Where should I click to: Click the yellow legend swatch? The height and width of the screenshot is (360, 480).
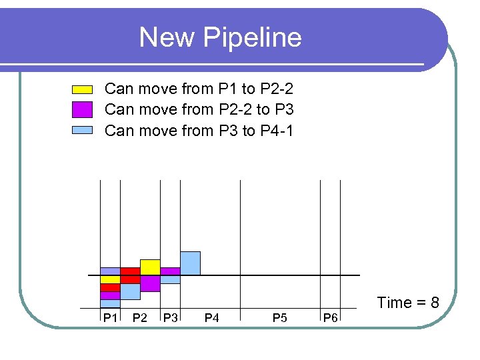[82, 89]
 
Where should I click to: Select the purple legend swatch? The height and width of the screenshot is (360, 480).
[82, 109]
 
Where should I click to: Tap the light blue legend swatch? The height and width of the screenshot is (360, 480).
[82, 130]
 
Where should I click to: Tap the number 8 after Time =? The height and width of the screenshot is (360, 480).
[434, 303]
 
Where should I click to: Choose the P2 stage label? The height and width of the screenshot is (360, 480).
[140, 317]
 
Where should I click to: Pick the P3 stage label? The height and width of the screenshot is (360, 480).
[171, 317]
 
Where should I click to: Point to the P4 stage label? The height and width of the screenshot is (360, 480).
[211, 317]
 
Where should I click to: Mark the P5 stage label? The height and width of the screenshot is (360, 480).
[280, 317]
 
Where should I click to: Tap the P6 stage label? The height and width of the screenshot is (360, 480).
[330, 317]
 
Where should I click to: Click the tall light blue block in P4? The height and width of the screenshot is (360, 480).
[190, 263]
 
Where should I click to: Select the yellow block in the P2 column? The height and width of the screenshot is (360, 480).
[150, 267]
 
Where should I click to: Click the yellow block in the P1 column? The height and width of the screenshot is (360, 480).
[110, 279]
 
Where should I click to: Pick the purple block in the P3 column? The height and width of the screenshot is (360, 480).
[170, 271]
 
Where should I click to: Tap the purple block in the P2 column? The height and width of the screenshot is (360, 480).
[150, 283]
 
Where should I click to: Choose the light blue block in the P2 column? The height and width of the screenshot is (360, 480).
[130, 291]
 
